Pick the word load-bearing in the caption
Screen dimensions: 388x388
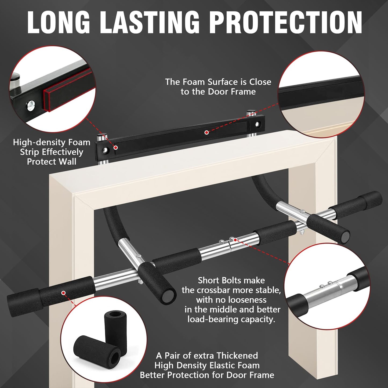pyautogui.click(x=210, y=319)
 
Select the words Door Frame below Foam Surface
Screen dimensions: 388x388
pyautogui.click(x=232, y=92)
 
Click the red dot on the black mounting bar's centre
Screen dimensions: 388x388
pyautogui.click(x=206, y=132)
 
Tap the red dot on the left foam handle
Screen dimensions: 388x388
pyautogui.click(x=63, y=293)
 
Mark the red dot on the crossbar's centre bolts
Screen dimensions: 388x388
pyautogui.click(x=235, y=239)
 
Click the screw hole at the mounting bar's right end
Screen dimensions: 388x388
pyautogui.click(x=258, y=124)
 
